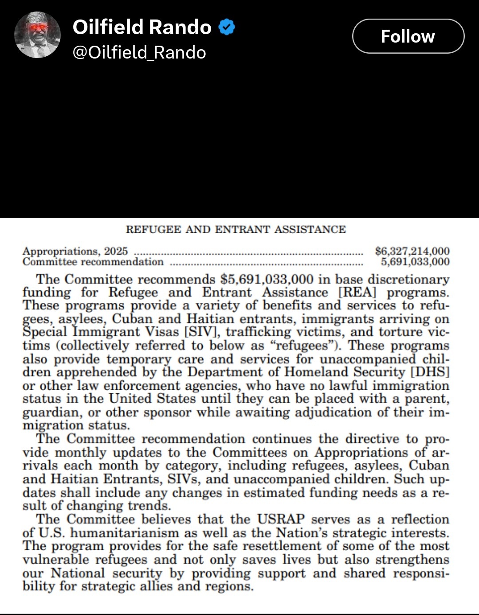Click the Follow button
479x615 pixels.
point(408,36)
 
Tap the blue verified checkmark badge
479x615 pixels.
point(227,27)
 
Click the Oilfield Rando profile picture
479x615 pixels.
point(37,35)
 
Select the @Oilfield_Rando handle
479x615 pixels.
point(139,53)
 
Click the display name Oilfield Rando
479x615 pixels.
point(142,27)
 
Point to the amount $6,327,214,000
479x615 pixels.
point(412,251)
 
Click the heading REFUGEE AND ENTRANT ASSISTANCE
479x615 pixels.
point(236,229)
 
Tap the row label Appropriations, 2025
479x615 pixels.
point(75,251)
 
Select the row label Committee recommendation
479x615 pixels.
point(93,262)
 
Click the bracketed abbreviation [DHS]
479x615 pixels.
point(430,372)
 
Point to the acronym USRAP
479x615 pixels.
point(281,519)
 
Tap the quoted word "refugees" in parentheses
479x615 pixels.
point(302,345)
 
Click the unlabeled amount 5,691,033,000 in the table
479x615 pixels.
point(415,262)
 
